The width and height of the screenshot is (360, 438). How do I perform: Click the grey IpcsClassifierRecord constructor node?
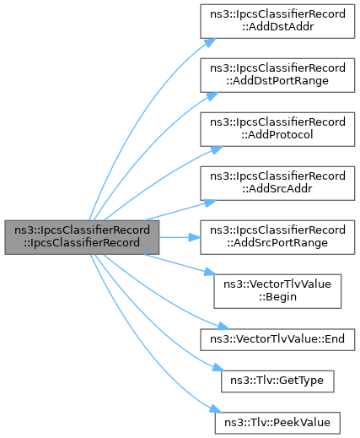coord(82,237)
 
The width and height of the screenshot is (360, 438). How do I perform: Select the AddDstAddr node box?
coord(277,21)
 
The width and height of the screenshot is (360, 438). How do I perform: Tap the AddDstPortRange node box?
coord(277,75)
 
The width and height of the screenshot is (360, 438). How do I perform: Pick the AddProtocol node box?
coord(277,129)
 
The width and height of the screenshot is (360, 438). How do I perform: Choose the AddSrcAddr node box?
coord(277,183)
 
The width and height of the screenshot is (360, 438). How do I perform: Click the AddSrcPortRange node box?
coord(277,237)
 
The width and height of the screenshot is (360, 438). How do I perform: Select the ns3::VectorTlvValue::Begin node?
coord(277,291)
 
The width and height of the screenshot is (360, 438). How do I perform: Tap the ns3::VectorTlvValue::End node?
coord(277,339)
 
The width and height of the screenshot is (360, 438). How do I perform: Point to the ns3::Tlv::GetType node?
coord(277,381)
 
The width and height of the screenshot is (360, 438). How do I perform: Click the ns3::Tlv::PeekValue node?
coord(277,423)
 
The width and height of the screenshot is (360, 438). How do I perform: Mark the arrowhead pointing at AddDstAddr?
coord(210,42)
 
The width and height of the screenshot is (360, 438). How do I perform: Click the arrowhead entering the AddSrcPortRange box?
coord(195,237)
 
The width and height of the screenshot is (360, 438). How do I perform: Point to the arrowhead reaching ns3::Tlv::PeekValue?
coord(215,409)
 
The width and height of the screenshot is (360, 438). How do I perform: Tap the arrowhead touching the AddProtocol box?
coord(217,149)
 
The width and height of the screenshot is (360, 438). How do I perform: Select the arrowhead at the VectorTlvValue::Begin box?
coord(211,272)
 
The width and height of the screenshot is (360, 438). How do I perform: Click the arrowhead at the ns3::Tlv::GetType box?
coord(218,367)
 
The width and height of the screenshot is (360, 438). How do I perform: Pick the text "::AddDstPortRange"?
coord(277,81)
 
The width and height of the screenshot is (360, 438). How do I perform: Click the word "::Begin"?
coord(277,297)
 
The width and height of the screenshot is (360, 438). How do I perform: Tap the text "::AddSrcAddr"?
coord(277,189)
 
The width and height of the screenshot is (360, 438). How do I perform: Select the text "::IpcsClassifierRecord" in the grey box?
coord(82,243)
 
